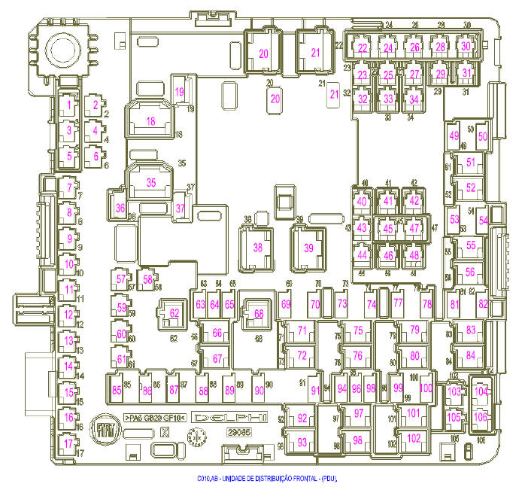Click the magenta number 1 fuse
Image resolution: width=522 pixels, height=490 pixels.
point(68,105)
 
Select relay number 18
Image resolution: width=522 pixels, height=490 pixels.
point(150,121)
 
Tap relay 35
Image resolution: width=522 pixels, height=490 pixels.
point(150,182)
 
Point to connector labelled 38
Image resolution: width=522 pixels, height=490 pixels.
point(258,247)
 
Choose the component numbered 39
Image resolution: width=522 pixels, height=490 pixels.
point(308,247)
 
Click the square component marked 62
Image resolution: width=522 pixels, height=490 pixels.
point(175,313)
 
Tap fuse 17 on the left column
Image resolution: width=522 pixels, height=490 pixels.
point(68,443)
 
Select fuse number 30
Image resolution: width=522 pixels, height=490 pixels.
point(466,47)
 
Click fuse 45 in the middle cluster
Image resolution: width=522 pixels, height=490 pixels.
point(388,229)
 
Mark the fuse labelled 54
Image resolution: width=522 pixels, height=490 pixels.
point(484,218)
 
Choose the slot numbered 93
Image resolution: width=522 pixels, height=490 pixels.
point(302,443)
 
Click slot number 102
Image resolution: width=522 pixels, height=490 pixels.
point(413,438)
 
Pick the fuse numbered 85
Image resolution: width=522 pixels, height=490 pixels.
point(117,390)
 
